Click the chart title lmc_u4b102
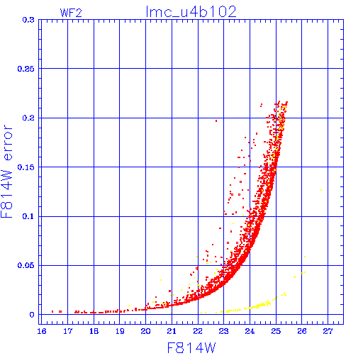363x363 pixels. tap(191, 12)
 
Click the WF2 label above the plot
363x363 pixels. tap(71, 13)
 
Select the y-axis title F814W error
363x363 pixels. tap(6, 172)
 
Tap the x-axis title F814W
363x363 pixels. tap(191, 348)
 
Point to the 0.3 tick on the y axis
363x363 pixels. tap(28, 20)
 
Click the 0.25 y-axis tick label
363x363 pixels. tap(26, 69)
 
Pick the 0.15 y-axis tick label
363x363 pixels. tap(26, 167)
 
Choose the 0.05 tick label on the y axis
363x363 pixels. tap(26, 265)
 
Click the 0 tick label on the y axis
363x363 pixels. tap(32, 315)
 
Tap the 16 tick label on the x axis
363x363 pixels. tap(42, 331)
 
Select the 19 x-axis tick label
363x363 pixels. tap(120, 331)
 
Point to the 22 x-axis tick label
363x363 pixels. tap(198, 331)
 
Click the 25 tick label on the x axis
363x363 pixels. tap(276, 331)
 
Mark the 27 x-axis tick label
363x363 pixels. tap(328, 331)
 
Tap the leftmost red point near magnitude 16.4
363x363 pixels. tap(52, 312)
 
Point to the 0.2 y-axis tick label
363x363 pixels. tap(28, 118)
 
